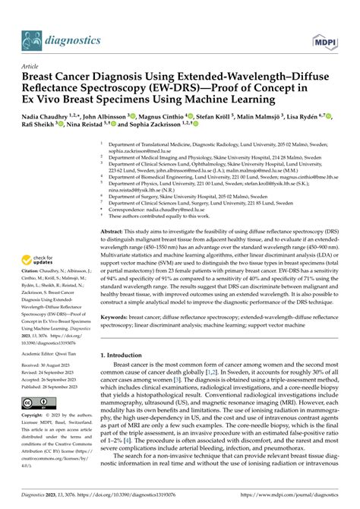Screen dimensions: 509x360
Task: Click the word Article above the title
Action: point(32,67)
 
